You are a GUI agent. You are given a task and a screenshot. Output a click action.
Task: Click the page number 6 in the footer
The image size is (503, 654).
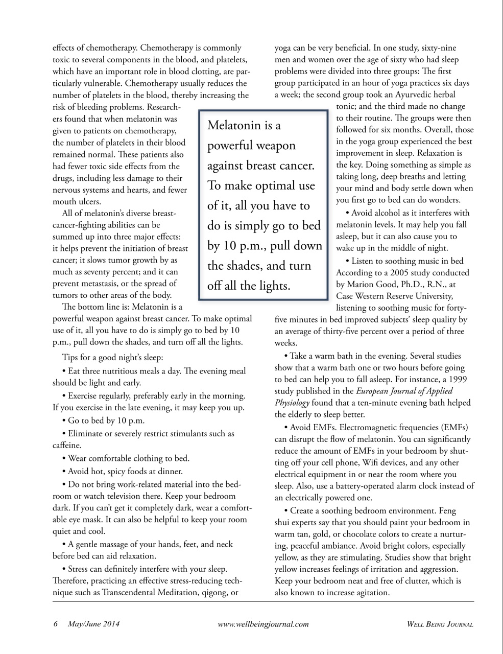tap(55, 624)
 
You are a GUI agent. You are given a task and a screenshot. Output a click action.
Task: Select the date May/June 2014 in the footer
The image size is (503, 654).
tap(93, 624)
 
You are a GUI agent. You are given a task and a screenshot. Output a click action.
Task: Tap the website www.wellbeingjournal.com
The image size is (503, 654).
tap(263, 624)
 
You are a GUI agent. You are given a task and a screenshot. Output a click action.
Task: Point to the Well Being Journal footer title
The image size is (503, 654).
tap(440, 624)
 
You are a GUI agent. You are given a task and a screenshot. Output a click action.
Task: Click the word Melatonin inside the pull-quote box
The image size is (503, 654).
tap(236, 126)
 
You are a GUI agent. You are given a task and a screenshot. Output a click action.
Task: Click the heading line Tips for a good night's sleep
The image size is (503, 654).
tap(112, 358)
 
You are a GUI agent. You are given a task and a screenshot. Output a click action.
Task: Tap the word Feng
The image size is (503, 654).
tap(447, 511)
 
